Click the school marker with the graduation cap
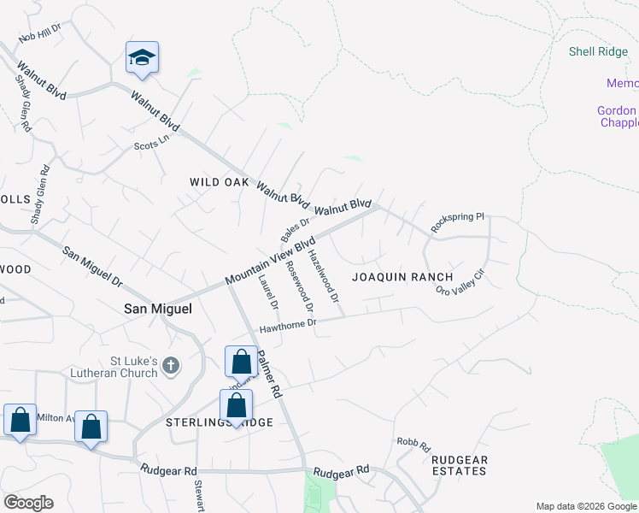142,57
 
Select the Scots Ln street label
153,142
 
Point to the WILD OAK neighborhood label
220,183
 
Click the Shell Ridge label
598,52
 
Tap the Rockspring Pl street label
458,222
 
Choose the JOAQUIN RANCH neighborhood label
402,277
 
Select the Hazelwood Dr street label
324,274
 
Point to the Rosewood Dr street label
300,286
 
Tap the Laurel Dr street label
268,292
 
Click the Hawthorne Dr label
289,325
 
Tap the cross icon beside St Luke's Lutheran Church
171,367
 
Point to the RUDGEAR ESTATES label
460,465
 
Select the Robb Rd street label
413,442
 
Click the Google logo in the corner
28,503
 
